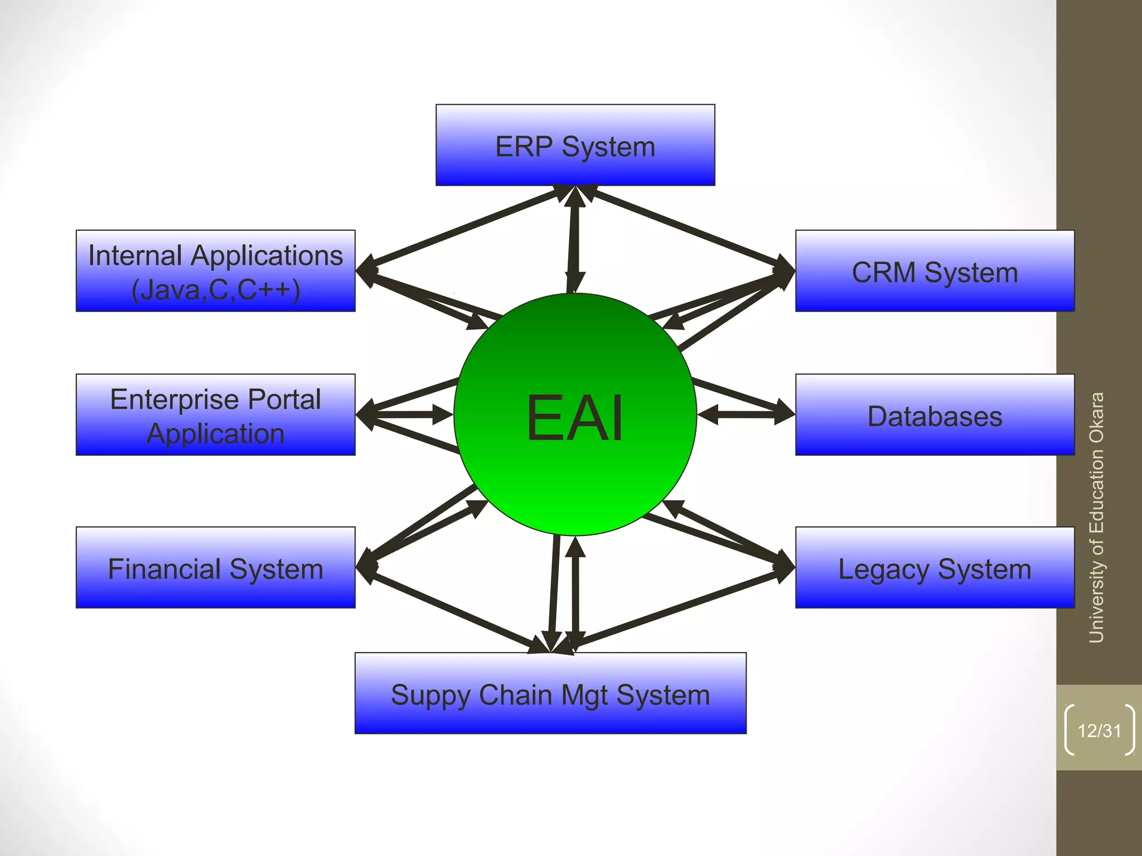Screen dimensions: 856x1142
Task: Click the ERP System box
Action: (575, 145)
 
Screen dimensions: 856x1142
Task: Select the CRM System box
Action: (935, 271)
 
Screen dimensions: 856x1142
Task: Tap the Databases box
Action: (935, 415)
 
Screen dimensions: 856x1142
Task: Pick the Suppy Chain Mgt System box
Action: (550, 693)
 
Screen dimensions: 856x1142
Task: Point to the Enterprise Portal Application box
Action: (215, 415)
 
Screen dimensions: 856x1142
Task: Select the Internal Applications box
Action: (215, 271)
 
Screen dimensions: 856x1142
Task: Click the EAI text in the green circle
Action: (575, 418)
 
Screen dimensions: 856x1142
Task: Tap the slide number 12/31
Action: (1099, 731)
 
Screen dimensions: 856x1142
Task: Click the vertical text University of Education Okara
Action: (1097, 518)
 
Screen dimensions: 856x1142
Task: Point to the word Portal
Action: (284, 400)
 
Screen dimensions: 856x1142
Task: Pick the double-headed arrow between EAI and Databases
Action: (746, 415)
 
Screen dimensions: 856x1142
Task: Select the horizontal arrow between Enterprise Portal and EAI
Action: (405, 415)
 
